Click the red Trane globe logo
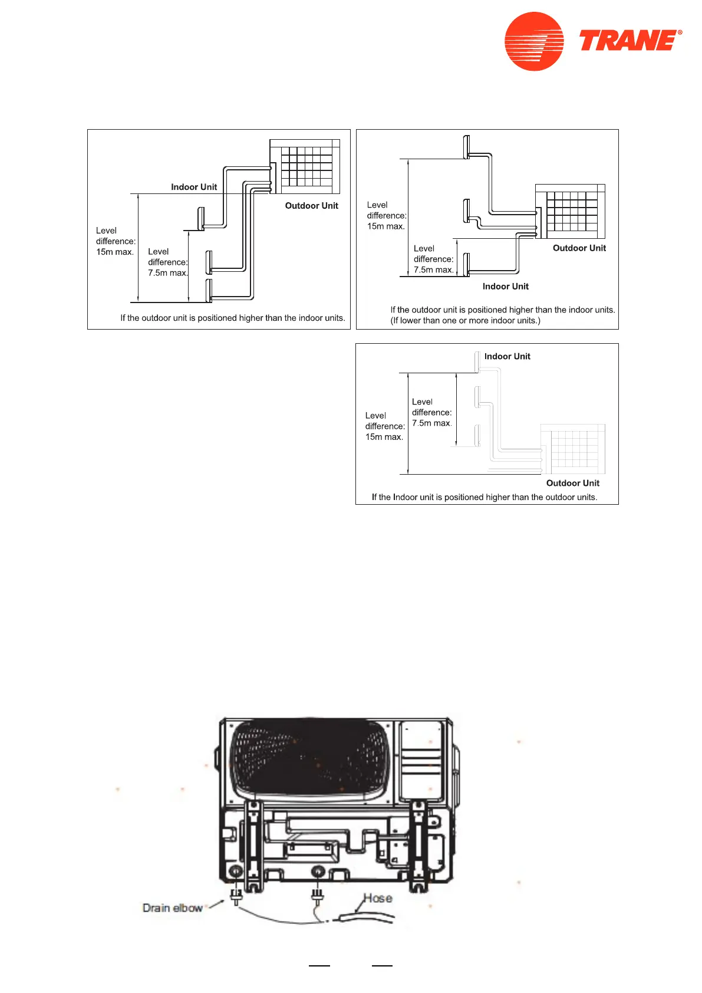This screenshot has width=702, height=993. (534, 41)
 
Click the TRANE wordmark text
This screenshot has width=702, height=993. (630, 41)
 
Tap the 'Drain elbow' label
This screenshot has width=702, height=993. (172, 907)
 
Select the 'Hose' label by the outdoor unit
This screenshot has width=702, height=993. (378, 898)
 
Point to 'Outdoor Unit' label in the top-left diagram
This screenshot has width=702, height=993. (311, 206)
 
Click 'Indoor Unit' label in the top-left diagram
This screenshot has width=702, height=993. (194, 187)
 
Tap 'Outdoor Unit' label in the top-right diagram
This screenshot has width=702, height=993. (579, 248)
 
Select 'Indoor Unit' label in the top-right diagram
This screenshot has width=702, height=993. (505, 287)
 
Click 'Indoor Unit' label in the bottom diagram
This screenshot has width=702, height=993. (507, 356)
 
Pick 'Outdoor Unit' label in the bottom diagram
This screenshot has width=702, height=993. (572, 483)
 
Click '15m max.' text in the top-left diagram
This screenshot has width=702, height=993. (115, 252)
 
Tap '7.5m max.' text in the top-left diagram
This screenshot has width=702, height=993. (168, 273)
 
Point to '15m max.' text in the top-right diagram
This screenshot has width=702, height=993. (386, 226)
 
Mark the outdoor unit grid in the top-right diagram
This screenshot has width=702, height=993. (570, 211)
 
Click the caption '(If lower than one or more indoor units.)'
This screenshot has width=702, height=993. (465, 321)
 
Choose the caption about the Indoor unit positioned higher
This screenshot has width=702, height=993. (485, 497)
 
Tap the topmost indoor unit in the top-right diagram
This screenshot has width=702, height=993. (467, 147)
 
